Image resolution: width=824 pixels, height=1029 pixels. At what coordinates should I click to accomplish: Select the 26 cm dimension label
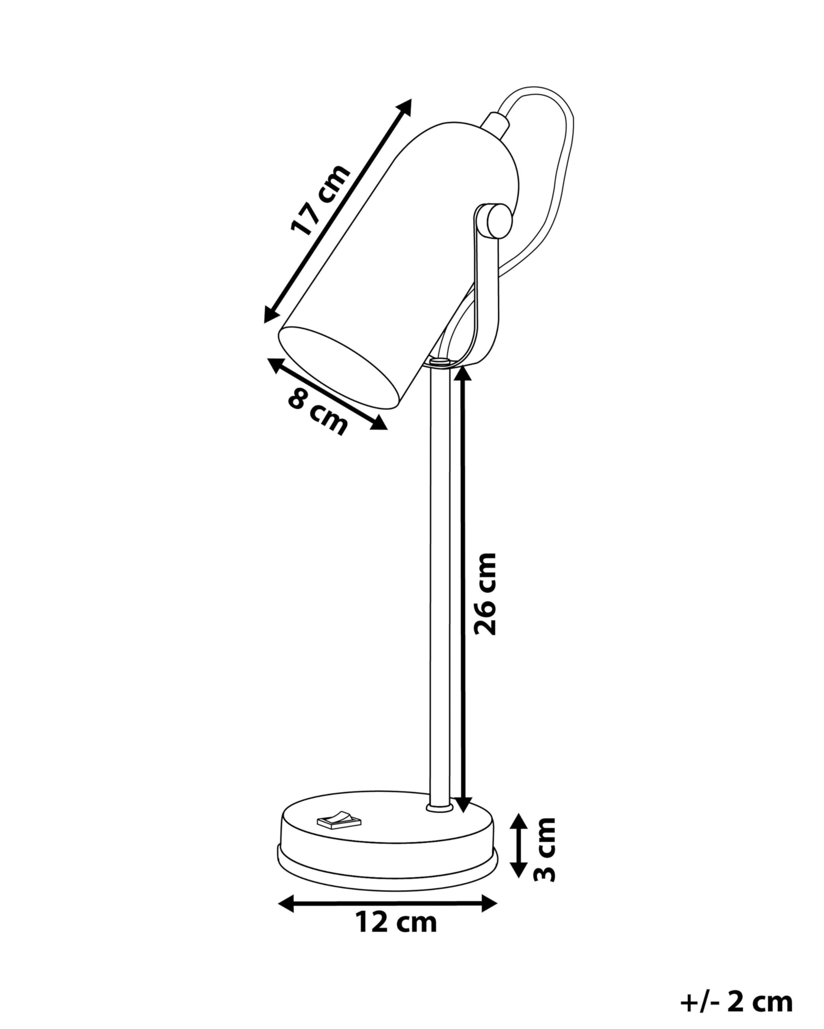point(485,594)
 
